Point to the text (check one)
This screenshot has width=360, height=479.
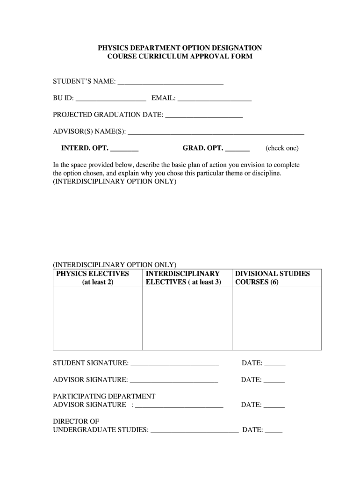click(282, 148)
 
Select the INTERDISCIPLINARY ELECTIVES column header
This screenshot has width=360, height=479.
click(183, 277)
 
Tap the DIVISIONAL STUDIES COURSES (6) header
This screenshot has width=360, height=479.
click(273, 277)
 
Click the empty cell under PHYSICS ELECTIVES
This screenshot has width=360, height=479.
click(98, 318)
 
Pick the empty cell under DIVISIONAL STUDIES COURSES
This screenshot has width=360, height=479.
click(277, 318)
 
